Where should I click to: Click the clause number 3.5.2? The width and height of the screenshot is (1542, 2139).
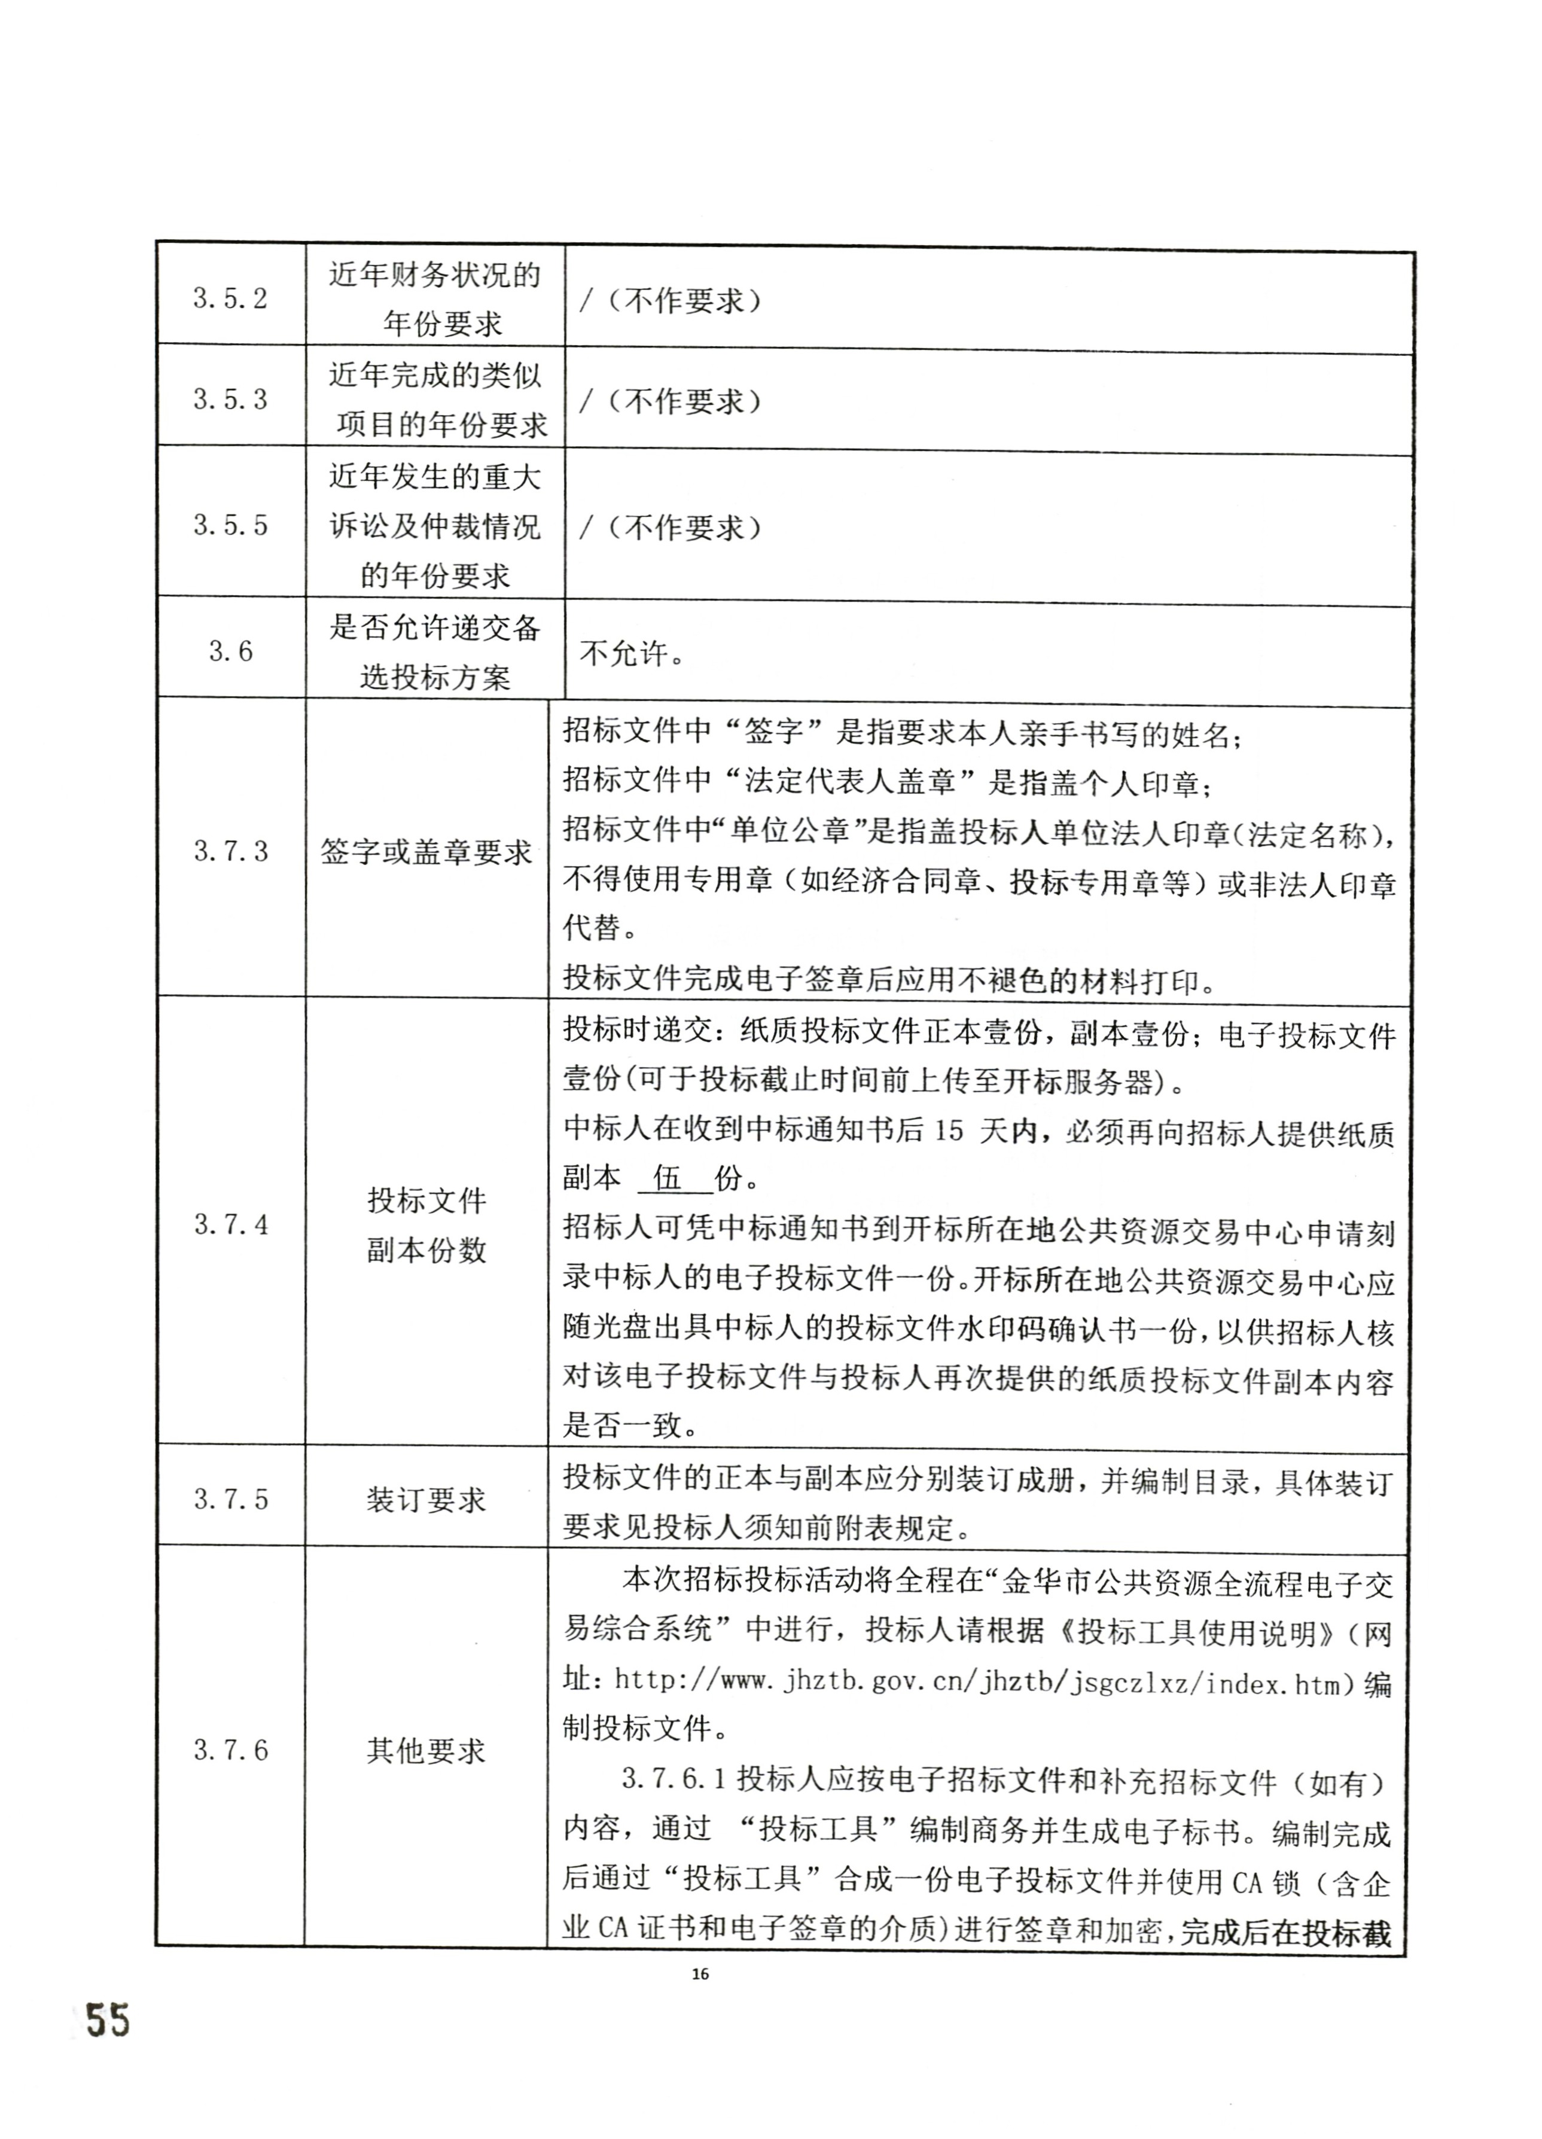(x=230, y=299)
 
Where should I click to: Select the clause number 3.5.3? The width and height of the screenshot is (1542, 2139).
(x=230, y=400)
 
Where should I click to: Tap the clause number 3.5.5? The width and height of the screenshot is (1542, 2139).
(x=230, y=525)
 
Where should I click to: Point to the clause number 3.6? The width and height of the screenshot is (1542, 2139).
(x=230, y=651)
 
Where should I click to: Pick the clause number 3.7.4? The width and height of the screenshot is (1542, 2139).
(x=230, y=1225)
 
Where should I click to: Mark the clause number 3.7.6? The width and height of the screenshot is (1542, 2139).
(x=230, y=1750)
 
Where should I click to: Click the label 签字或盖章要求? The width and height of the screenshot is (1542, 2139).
(x=426, y=852)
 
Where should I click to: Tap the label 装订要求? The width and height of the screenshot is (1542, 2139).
(x=426, y=1500)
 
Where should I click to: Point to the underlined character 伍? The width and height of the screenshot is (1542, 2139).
(x=667, y=1178)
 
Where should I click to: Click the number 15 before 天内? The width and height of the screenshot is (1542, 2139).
(x=948, y=1131)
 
